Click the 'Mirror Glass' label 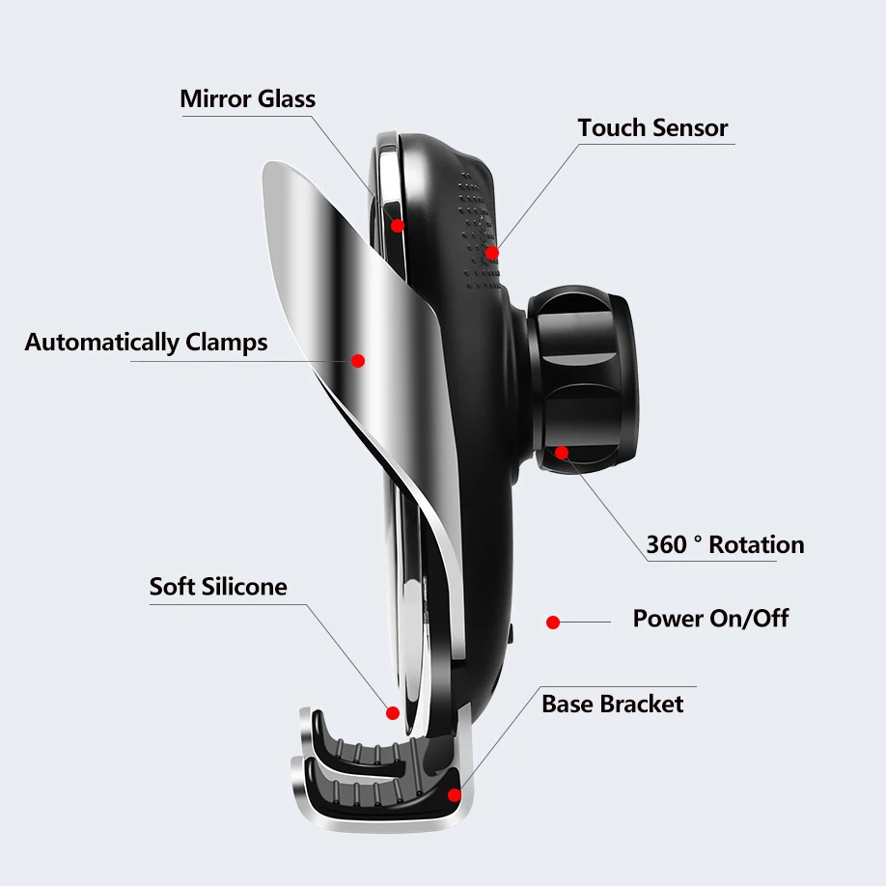[x=247, y=98]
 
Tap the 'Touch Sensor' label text [x=652, y=127]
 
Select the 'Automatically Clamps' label [x=146, y=342]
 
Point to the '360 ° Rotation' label [x=725, y=544]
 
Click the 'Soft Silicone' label [x=218, y=586]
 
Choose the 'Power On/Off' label [x=710, y=618]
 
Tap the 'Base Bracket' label [x=612, y=704]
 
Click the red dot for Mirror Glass [x=397, y=225]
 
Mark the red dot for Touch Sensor [x=492, y=253]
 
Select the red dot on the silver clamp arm [x=358, y=360]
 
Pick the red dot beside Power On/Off [x=553, y=623]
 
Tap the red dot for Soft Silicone [x=393, y=713]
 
